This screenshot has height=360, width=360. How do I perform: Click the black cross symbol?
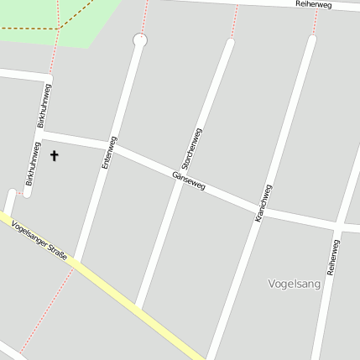click(55, 155)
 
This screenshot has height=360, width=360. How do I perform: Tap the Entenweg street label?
click(108, 154)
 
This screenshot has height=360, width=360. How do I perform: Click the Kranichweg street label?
click(263, 204)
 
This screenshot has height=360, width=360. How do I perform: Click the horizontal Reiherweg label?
click(314, 5)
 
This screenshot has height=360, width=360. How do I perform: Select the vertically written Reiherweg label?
click(334, 258)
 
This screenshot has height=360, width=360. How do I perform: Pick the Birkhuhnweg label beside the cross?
click(32, 164)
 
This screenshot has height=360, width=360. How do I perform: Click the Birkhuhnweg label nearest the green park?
click(44, 106)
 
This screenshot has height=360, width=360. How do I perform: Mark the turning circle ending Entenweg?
click(139, 39)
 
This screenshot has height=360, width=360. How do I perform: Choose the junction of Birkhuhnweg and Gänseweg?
click(40, 134)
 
